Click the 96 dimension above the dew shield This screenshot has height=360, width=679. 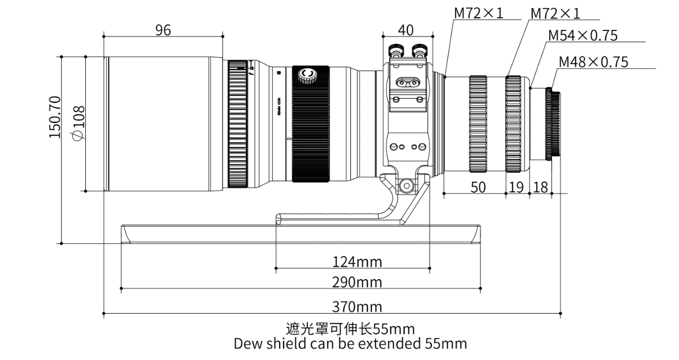(x=163, y=30)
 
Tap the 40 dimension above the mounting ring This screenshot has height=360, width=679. (x=405, y=30)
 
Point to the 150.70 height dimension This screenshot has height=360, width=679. (x=55, y=117)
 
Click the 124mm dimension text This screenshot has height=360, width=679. (x=357, y=262)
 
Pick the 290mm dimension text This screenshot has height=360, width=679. (x=357, y=282)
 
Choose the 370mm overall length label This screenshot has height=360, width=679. (x=357, y=307)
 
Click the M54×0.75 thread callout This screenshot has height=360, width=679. (x=583, y=36)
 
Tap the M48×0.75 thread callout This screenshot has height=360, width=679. (x=593, y=62)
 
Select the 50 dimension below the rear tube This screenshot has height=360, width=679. (x=478, y=187)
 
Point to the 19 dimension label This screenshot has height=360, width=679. (x=517, y=187)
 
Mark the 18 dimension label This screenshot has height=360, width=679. (x=540, y=187)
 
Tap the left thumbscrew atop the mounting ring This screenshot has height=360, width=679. (x=396, y=52)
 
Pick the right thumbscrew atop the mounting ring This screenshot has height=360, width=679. (x=420, y=52)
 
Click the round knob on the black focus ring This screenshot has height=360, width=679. (x=310, y=75)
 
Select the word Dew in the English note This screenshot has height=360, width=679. (x=246, y=344)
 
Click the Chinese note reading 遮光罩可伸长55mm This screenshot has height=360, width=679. (x=350, y=329)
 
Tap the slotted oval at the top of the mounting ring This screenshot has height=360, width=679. (x=408, y=82)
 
